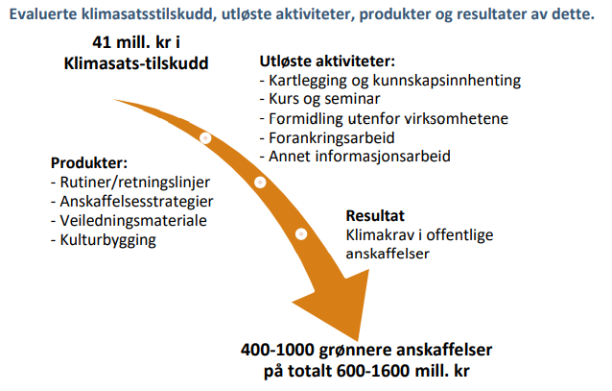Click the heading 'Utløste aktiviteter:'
click(x=327, y=61)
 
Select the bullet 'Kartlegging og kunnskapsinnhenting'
click(x=390, y=81)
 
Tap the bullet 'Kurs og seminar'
click(x=319, y=99)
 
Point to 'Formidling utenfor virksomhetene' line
click(x=384, y=118)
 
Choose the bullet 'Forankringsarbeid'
click(x=327, y=137)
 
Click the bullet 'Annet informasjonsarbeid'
click(x=355, y=157)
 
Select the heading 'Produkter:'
click(x=89, y=163)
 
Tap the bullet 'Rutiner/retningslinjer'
click(x=130, y=183)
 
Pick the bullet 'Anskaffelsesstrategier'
click(x=132, y=202)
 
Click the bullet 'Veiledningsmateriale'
click(x=129, y=221)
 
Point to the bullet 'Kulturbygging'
click(x=104, y=240)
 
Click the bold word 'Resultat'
click(x=375, y=216)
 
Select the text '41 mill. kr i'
click(x=136, y=42)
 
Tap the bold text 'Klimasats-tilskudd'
click(x=136, y=63)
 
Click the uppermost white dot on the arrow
click(x=205, y=138)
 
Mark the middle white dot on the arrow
click(x=260, y=183)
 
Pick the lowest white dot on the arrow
click(x=301, y=234)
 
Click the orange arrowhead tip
click(x=357, y=340)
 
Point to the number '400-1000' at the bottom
click(x=277, y=350)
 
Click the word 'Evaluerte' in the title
click(x=43, y=14)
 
